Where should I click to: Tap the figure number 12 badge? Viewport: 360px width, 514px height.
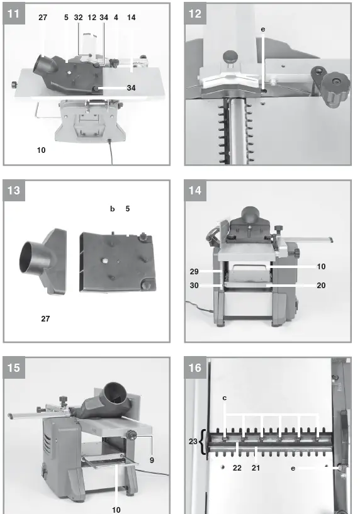(x=196, y=13)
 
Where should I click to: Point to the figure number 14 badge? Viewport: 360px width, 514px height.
(x=196, y=191)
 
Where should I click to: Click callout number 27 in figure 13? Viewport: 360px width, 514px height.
(x=45, y=319)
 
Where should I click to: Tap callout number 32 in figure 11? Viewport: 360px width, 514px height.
(x=79, y=18)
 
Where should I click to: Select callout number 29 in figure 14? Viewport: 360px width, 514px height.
(x=195, y=271)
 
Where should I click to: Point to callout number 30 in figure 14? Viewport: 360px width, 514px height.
(x=195, y=285)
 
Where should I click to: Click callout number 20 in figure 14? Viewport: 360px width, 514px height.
(x=321, y=285)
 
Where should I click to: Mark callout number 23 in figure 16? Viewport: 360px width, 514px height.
(x=193, y=441)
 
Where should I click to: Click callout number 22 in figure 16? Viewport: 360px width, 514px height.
(x=237, y=468)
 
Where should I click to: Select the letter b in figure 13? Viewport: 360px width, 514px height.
(x=113, y=209)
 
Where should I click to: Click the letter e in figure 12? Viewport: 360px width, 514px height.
(x=263, y=29)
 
